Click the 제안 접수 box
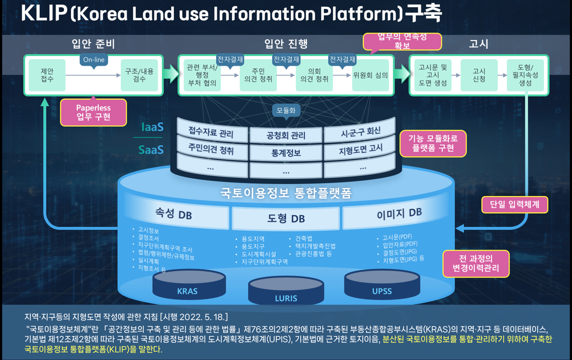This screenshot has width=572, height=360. (x=47, y=75)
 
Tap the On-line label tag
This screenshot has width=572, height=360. (x=94, y=60)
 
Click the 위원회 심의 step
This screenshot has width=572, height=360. (x=370, y=75)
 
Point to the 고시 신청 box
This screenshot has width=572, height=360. (x=478, y=75)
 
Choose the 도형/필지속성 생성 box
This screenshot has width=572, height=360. (x=525, y=75)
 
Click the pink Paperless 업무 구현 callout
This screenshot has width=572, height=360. (x=93, y=112)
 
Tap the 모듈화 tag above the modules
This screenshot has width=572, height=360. (x=286, y=110)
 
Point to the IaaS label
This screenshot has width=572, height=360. (x=152, y=127)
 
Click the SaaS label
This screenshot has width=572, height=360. (x=151, y=149)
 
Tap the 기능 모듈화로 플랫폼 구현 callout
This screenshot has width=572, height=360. (x=433, y=143)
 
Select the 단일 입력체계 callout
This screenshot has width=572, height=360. (x=514, y=204)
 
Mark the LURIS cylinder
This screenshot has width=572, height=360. (x=286, y=292)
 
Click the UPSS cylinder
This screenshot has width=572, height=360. (x=382, y=285)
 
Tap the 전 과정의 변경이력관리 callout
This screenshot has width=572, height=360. (x=475, y=264)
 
